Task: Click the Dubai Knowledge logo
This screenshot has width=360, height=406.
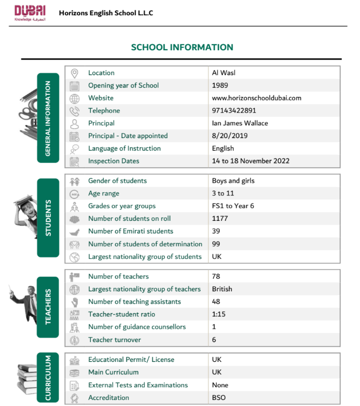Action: tap(30, 13)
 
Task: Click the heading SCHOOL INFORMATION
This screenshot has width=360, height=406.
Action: tap(182, 47)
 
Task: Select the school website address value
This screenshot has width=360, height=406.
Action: tap(256, 98)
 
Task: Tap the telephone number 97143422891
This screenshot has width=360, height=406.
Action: tap(234, 111)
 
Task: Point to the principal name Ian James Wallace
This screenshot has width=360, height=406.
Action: tap(240, 123)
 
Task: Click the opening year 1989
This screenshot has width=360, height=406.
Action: tap(220, 85)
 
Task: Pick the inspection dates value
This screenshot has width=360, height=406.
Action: tap(250, 161)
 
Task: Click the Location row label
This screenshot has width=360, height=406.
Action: tap(101, 73)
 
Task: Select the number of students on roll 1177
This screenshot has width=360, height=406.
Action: tap(220, 219)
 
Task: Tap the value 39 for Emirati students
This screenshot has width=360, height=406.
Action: tap(216, 231)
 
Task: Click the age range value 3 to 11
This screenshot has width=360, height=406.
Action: tap(221, 193)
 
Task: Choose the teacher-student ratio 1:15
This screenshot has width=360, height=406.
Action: tap(219, 314)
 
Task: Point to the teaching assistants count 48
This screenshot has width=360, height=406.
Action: tap(216, 301)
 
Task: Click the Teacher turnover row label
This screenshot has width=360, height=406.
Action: tap(114, 340)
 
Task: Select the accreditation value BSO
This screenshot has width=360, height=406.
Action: tap(219, 397)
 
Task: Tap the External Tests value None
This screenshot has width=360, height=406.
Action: tap(220, 385)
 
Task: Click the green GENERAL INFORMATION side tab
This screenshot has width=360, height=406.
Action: tap(48, 118)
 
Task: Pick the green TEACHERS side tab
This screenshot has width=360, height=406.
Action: tap(48, 307)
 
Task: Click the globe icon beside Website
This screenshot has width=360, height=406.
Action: tap(75, 98)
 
